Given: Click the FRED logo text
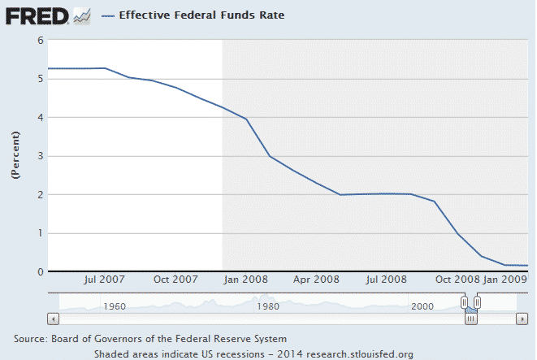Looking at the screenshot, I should (37, 15).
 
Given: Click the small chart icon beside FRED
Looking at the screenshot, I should (82, 15).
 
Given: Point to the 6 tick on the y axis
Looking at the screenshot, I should (41, 40).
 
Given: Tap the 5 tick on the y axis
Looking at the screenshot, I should (41, 79).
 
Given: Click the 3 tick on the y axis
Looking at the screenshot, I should (41, 156).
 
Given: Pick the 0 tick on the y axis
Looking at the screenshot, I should (41, 272).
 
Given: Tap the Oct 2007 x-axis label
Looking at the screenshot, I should (176, 279).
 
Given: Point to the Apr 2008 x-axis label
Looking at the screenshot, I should (316, 279).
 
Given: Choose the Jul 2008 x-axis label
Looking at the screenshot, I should (387, 279).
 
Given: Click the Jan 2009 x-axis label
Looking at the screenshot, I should (506, 279).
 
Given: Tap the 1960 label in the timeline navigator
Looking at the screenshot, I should (114, 306).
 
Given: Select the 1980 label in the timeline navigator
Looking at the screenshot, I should (268, 306).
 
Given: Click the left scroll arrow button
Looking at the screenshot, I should (54, 319).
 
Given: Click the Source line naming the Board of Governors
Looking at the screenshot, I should (150, 338).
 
